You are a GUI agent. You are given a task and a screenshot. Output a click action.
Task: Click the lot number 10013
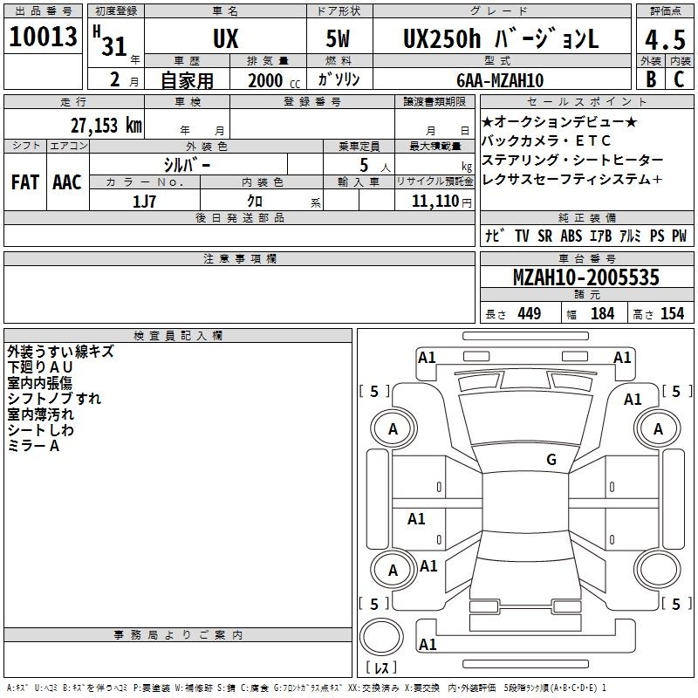(x=43, y=37)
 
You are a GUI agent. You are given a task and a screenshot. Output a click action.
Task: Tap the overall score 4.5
(x=665, y=40)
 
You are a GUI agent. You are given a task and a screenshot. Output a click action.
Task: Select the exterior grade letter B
(x=651, y=79)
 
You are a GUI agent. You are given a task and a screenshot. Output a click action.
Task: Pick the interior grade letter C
(x=679, y=79)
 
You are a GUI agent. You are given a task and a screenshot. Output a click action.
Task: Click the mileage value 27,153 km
(x=106, y=126)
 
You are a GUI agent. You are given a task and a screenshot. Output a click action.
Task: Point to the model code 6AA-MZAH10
(x=500, y=80)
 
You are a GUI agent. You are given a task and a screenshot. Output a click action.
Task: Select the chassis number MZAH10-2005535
(x=585, y=277)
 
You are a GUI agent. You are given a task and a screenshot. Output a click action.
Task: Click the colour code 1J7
(x=144, y=202)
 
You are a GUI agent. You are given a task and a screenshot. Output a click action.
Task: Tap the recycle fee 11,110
(x=435, y=202)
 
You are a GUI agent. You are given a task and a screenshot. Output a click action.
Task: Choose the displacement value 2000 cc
(x=274, y=80)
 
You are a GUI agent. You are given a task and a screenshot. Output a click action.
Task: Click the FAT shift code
(x=25, y=182)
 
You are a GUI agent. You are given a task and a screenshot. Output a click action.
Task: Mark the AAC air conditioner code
(x=67, y=182)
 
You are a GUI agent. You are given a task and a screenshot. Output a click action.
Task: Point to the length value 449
(x=530, y=313)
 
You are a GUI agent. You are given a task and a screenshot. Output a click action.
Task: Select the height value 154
(x=672, y=313)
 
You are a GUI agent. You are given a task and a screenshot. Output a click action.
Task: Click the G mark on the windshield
(x=551, y=459)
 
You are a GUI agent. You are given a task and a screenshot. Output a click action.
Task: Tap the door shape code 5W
(x=338, y=38)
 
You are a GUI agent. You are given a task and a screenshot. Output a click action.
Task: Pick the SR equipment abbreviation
(x=544, y=236)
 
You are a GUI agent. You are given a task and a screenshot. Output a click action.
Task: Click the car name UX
(x=226, y=38)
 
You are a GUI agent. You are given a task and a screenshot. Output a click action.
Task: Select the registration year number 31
(x=114, y=46)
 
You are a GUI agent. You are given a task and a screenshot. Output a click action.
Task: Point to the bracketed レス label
(x=381, y=667)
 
